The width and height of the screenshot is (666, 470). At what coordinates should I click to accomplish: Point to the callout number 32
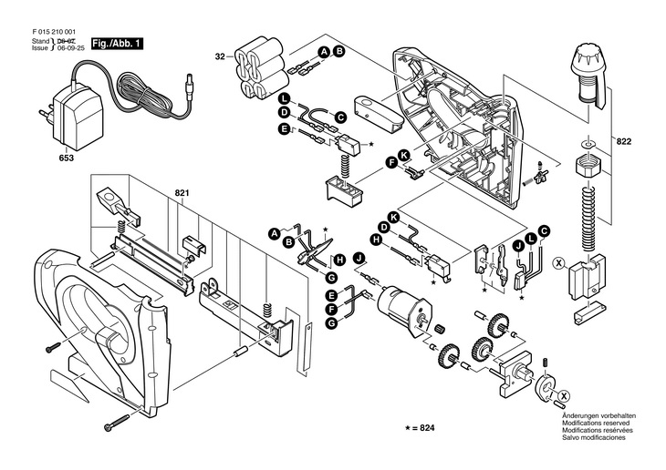click(220, 57)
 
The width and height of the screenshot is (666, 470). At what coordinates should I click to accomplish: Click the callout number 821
click(182, 193)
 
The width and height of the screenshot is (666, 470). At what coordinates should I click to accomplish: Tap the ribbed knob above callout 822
click(588, 71)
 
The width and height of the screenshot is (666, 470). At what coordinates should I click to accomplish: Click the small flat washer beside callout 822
click(588, 143)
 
